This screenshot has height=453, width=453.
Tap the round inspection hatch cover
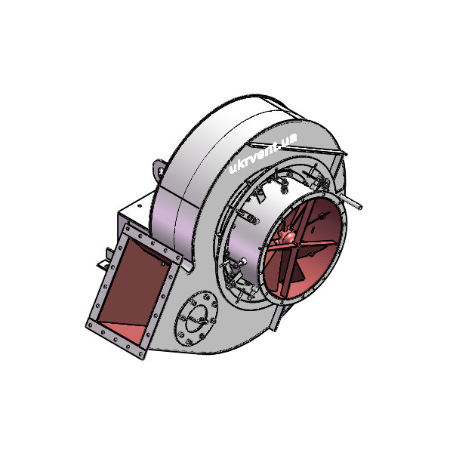click(x=196, y=319)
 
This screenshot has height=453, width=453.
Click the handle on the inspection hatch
click(x=197, y=320)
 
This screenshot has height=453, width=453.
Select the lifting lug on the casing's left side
click(x=159, y=170)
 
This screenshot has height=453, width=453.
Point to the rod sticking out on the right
click(x=350, y=202)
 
